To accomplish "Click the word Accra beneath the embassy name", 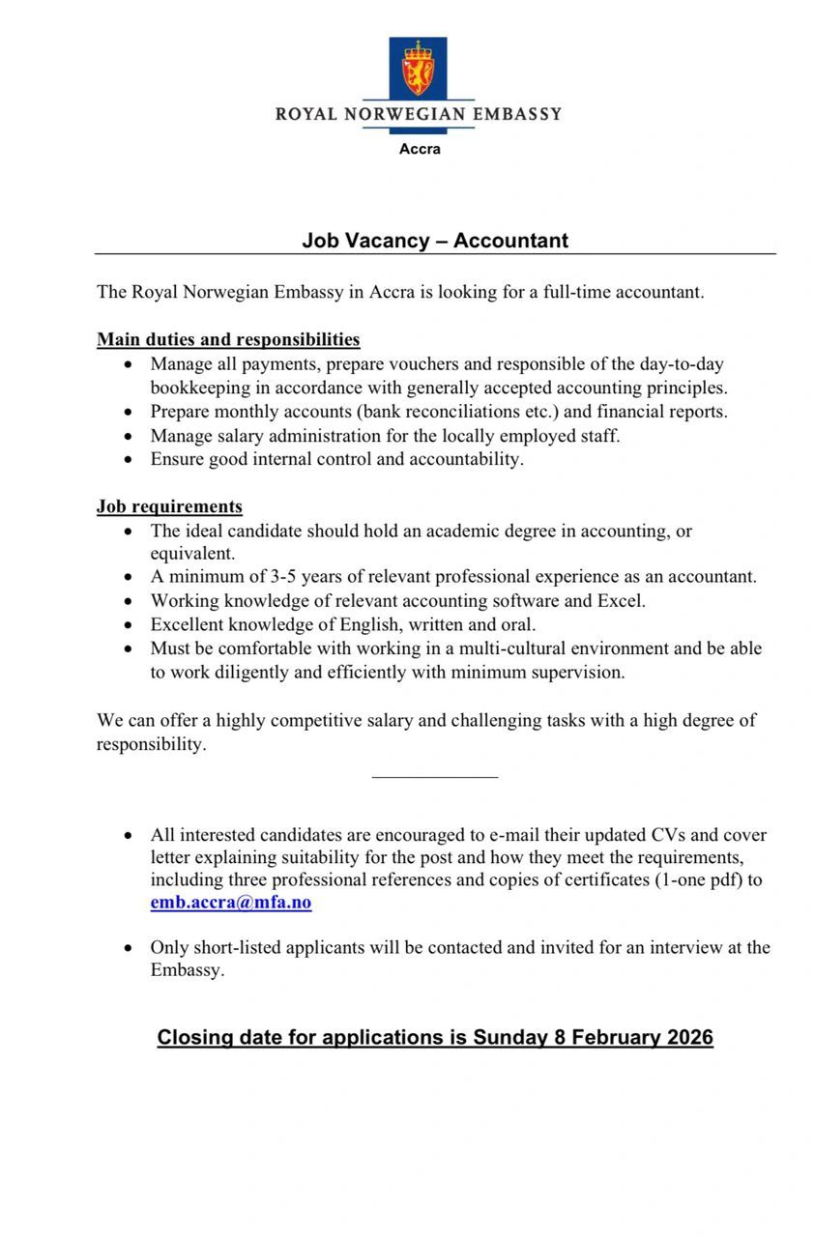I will coord(420,149).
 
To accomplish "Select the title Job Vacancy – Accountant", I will coord(435,240).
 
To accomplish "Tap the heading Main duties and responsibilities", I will coord(228,340).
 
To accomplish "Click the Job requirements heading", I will coord(169,506).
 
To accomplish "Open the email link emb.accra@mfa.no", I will coord(231,904).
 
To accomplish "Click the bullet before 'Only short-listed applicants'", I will coord(130,948).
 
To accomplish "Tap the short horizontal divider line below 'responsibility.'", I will coord(435,777).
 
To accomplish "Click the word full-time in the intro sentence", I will coord(571,292).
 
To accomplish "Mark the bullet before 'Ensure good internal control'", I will coord(130,460).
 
